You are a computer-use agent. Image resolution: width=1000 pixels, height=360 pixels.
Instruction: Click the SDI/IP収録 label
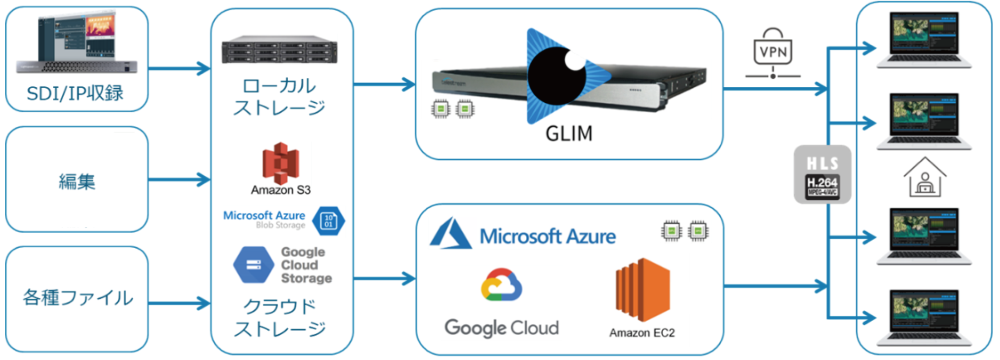(x=75, y=93)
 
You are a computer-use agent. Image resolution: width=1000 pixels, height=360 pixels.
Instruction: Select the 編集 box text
(x=77, y=182)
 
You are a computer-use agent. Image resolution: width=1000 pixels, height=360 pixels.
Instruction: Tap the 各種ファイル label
(x=78, y=298)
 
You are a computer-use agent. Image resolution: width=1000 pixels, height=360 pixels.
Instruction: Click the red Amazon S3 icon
(x=281, y=163)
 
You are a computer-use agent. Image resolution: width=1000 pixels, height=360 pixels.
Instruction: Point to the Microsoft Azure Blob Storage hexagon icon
(x=328, y=220)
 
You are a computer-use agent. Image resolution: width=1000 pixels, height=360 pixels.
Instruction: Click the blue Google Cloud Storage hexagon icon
(x=254, y=265)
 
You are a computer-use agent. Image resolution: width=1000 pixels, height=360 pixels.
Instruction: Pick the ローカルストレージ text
(x=279, y=97)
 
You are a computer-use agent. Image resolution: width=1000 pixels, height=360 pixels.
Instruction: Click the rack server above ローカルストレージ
(x=279, y=50)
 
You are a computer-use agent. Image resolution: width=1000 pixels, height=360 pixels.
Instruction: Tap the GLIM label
(x=569, y=134)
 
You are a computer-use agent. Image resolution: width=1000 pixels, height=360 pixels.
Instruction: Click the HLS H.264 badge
(x=822, y=175)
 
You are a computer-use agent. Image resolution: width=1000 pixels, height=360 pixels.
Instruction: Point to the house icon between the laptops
(x=924, y=177)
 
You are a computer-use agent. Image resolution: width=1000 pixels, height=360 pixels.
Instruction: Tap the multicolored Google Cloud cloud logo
(x=501, y=285)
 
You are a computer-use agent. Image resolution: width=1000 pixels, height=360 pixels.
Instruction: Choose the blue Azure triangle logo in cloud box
(x=451, y=234)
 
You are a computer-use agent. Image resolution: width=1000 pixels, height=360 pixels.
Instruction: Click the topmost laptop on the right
(x=924, y=40)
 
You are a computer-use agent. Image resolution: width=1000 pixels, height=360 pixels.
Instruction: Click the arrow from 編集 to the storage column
(x=179, y=179)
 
